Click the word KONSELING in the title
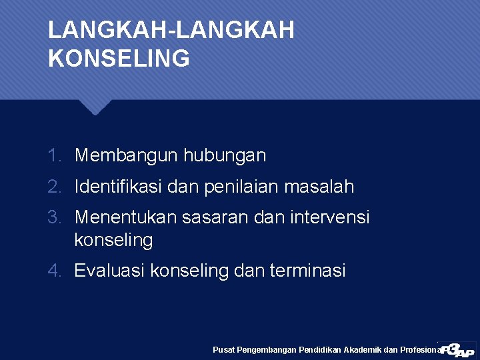pyautogui.click(x=119, y=59)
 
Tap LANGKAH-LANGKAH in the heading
pyautogui.click(x=171, y=30)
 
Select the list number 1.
pyautogui.click(x=55, y=156)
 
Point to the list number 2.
pyautogui.click(x=55, y=187)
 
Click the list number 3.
pyautogui.click(x=55, y=217)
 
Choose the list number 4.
pyautogui.click(x=54, y=271)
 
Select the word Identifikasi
pyautogui.click(x=119, y=187)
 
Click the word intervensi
pyautogui.click(x=331, y=217)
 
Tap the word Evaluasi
pyautogui.click(x=110, y=271)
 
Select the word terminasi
pyautogui.click(x=308, y=271)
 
